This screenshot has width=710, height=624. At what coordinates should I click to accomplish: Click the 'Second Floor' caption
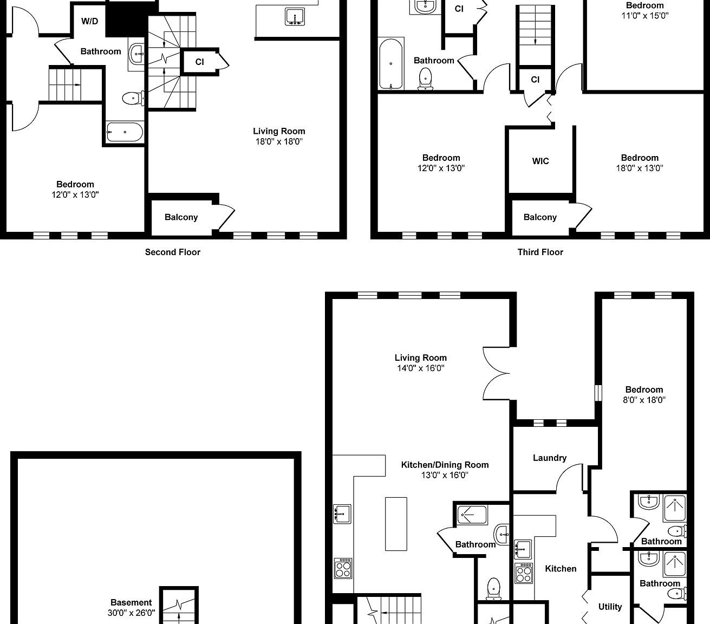(172, 252)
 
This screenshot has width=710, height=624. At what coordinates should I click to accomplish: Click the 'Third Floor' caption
(540, 252)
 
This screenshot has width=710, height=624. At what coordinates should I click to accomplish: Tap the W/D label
(89, 21)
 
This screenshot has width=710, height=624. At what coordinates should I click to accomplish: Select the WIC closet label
(540, 161)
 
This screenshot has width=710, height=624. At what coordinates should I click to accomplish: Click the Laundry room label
(549, 458)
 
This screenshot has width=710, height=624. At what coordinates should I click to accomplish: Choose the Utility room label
(610, 607)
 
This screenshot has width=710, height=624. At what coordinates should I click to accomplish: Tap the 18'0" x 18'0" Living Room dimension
(279, 141)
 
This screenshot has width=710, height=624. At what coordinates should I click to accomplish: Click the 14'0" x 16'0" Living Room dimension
(420, 368)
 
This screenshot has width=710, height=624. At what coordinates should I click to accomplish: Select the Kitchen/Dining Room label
(445, 465)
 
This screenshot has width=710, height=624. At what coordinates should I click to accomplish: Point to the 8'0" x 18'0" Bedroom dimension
(644, 400)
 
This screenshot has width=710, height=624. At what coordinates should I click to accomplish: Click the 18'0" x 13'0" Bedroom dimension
(640, 168)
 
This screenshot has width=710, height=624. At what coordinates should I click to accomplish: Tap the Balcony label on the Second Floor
(181, 217)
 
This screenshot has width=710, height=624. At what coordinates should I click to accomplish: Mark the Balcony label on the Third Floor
(540, 217)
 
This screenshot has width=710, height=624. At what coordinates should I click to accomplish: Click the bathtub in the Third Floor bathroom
(390, 64)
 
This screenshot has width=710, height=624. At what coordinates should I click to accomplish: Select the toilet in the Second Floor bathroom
(132, 98)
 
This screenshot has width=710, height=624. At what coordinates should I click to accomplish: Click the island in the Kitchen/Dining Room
(396, 523)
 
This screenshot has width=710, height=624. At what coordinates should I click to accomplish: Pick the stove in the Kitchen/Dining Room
(343, 568)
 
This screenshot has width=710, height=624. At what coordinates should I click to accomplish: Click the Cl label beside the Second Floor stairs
(199, 62)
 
